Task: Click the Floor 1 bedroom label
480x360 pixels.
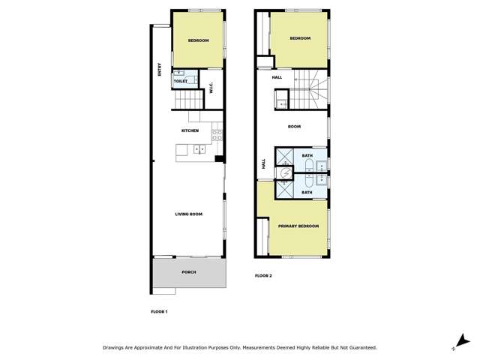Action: click(198, 40)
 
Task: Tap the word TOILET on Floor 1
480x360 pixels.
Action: click(180, 80)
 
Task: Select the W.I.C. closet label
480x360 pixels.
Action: click(212, 88)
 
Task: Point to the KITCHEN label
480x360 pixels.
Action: click(190, 131)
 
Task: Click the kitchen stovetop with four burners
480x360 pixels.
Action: click(216, 135)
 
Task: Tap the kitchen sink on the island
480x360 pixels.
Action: click(199, 149)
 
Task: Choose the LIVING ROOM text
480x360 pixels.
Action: click(190, 214)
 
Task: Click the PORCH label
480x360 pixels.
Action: click(189, 272)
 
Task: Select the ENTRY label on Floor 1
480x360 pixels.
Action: click(160, 69)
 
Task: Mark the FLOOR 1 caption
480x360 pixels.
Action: click(159, 310)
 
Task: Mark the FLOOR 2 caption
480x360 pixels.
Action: click(263, 276)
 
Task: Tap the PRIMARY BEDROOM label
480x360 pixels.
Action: click(298, 226)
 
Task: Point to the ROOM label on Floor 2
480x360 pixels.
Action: click(294, 126)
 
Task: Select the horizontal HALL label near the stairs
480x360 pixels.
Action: click(277, 76)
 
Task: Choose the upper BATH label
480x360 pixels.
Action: click(307, 155)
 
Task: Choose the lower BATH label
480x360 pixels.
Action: click(307, 192)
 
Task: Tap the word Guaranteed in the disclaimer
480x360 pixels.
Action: click(359, 348)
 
